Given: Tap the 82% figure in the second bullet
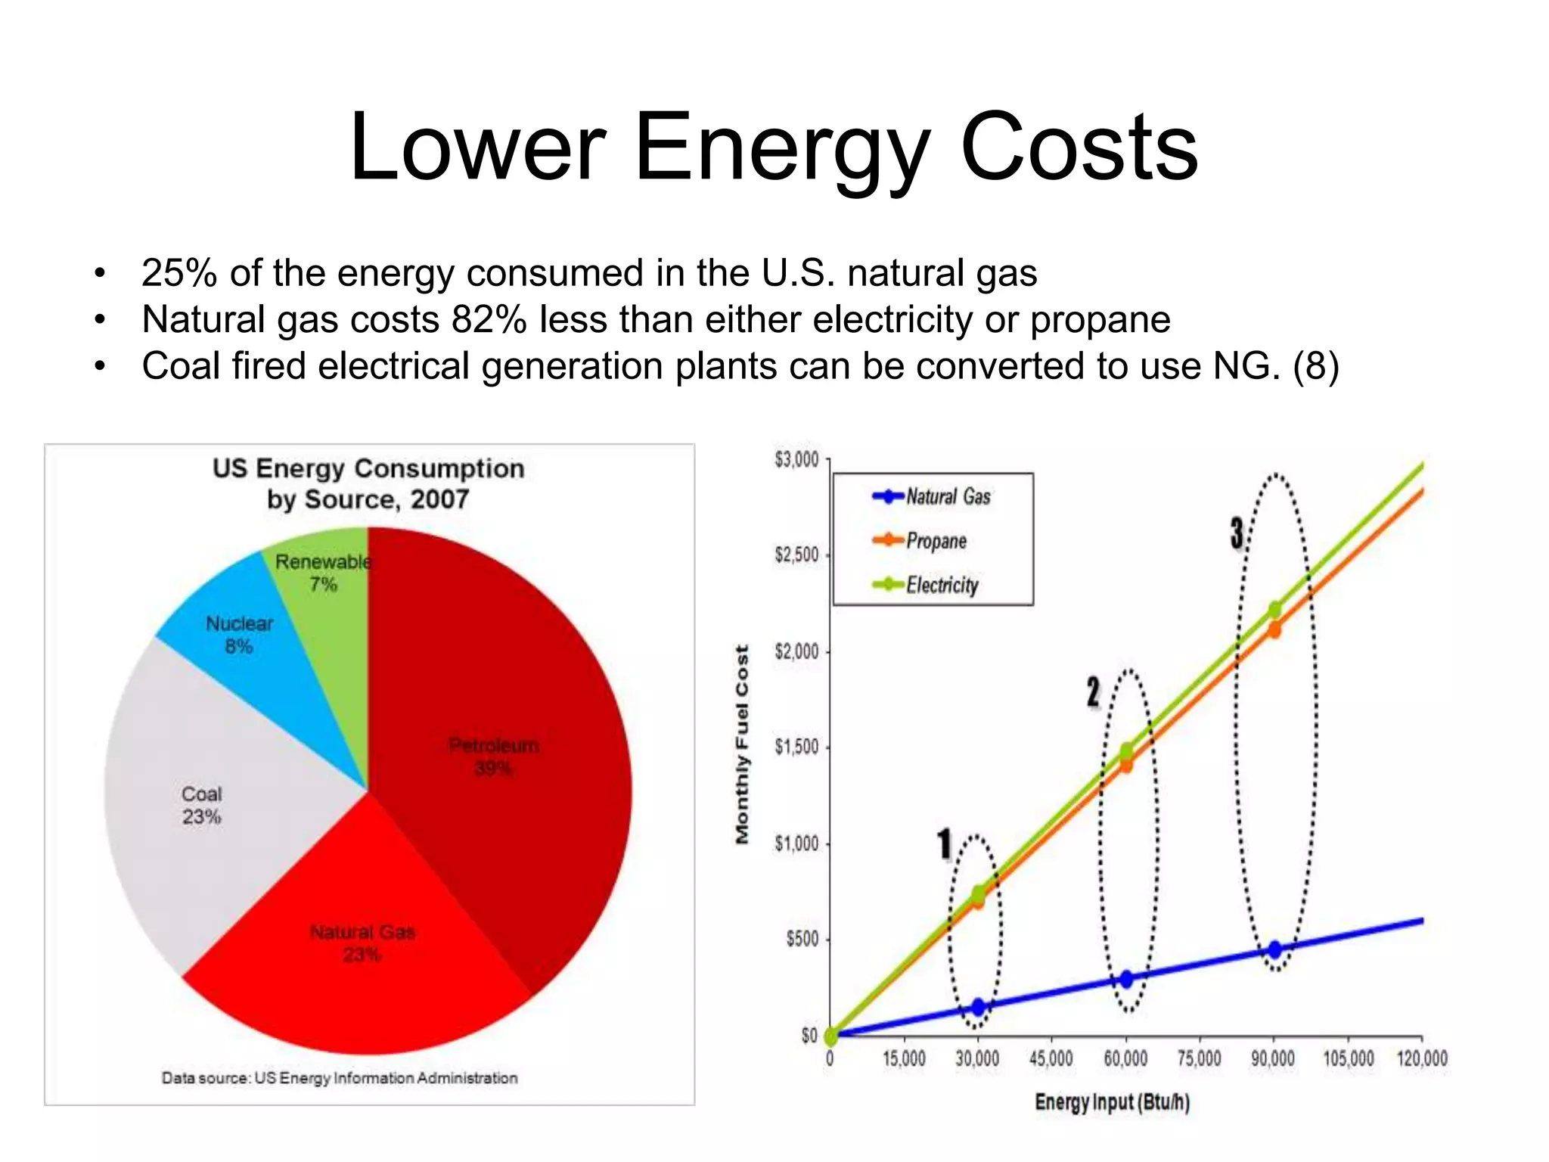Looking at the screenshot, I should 489,320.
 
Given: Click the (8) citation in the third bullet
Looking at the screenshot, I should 1316,367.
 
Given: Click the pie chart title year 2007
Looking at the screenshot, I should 439,500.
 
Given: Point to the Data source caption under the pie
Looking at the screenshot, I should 340,1078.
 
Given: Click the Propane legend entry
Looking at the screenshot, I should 936,541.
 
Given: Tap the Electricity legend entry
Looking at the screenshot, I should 942,585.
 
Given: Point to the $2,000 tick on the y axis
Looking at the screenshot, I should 796,651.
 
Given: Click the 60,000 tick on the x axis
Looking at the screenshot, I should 1125,1058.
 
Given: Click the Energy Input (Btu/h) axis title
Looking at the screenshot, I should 1112,1102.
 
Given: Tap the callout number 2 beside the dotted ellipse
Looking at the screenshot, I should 1093,691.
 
